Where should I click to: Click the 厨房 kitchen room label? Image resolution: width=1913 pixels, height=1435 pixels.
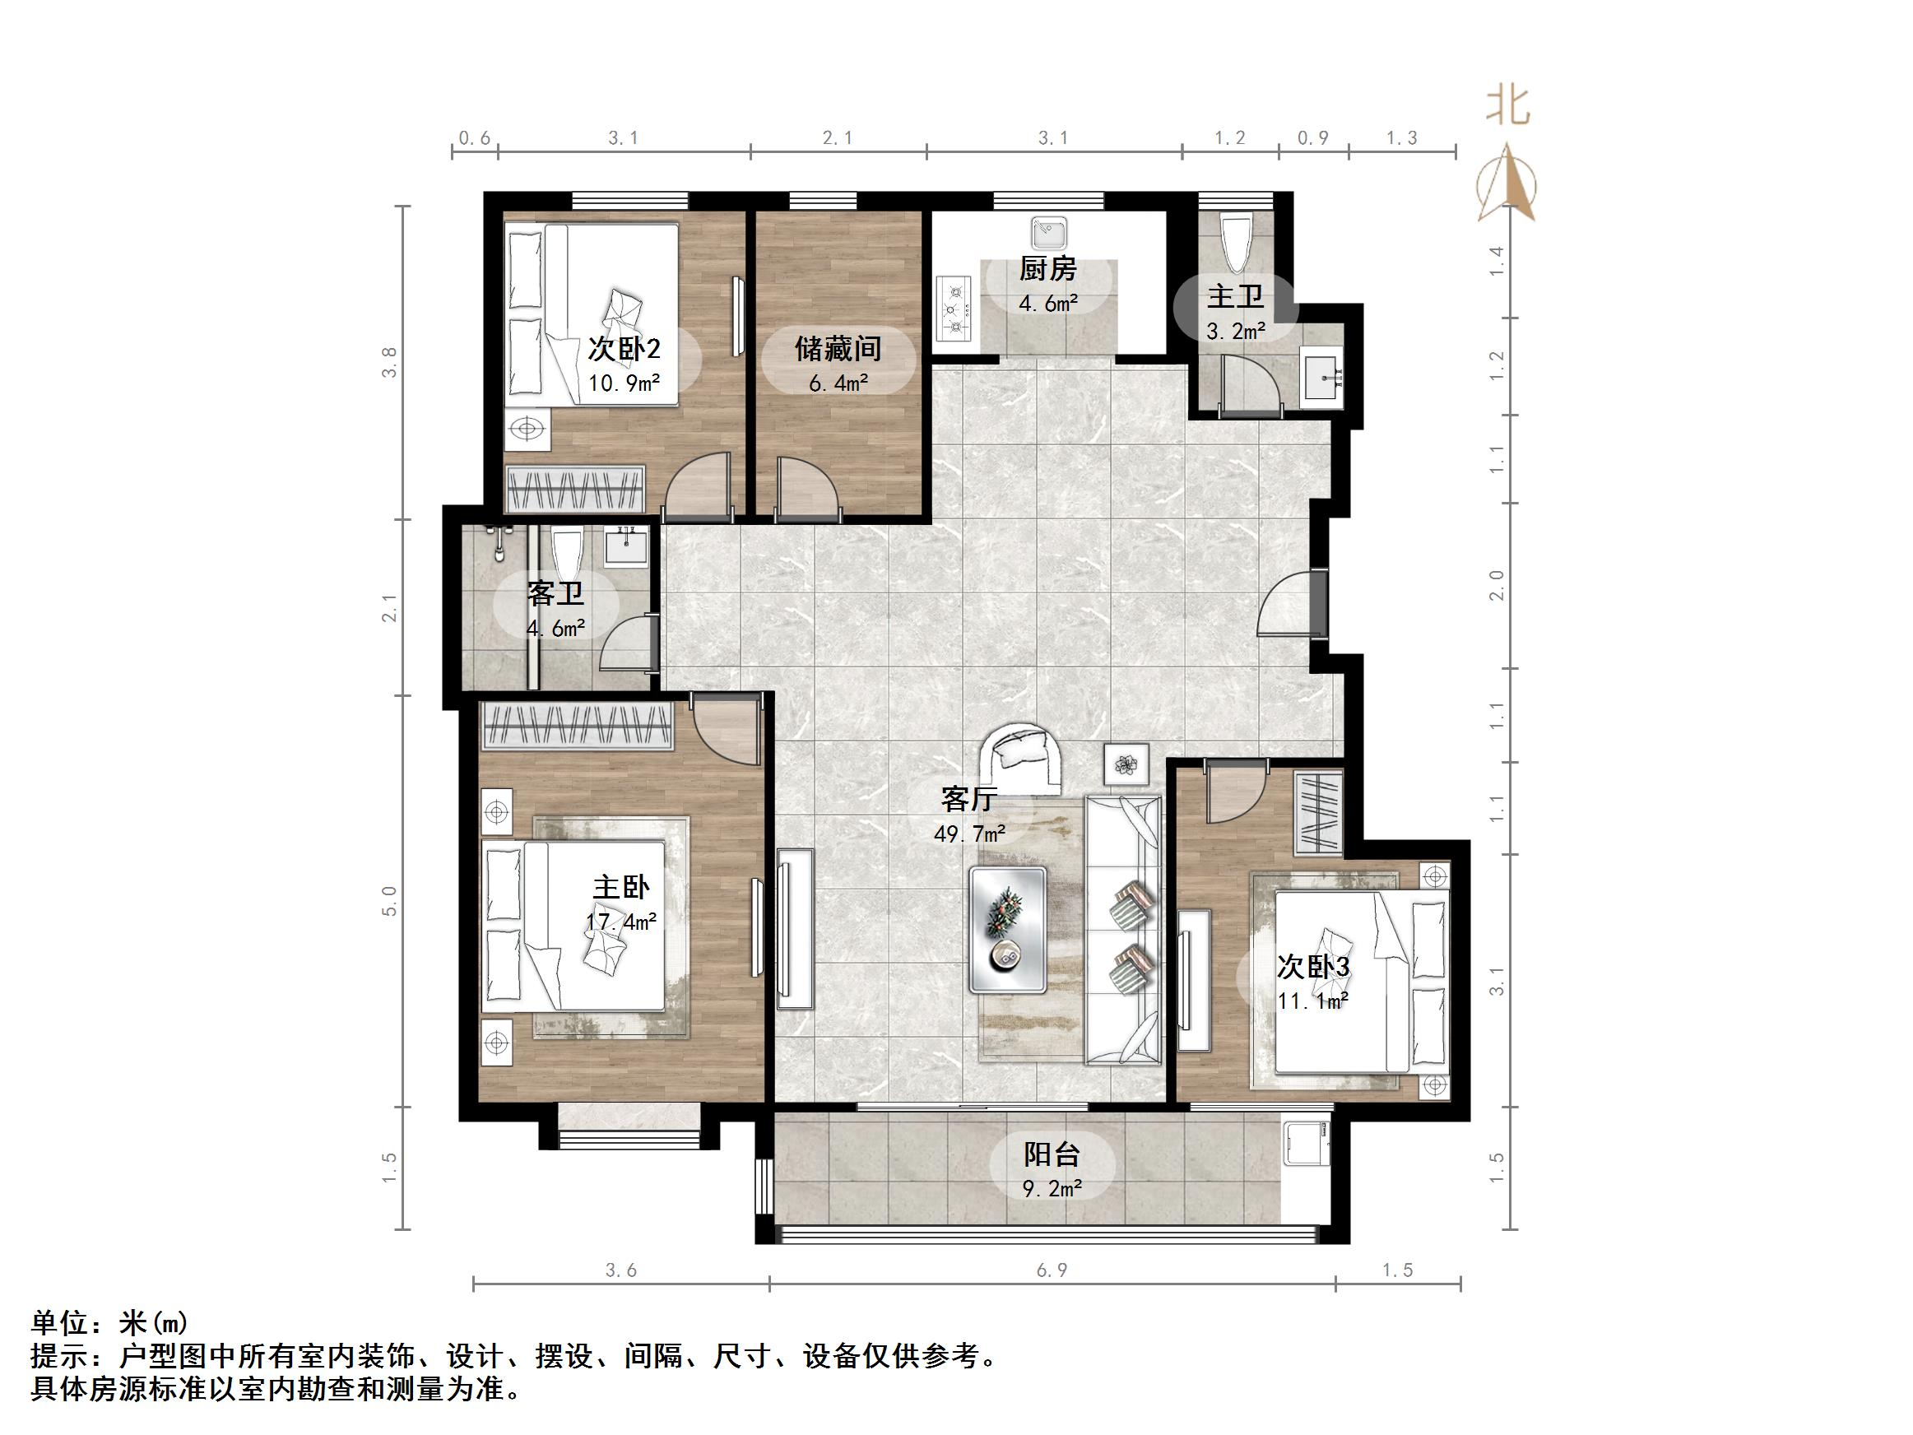pyautogui.click(x=1047, y=270)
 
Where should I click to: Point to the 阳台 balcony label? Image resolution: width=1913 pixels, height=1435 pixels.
pyautogui.click(x=1052, y=1154)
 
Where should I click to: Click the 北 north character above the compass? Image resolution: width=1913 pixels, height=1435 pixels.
pyautogui.click(x=1508, y=107)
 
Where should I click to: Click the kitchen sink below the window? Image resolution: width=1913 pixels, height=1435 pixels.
pyautogui.click(x=1049, y=232)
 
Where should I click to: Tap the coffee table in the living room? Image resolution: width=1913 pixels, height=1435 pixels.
pyautogui.click(x=1008, y=929)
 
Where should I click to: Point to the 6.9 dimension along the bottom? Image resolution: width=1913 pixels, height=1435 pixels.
pyautogui.click(x=1052, y=1270)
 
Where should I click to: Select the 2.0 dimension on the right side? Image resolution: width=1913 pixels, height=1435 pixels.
pyautogui.click(x=1497, y=586)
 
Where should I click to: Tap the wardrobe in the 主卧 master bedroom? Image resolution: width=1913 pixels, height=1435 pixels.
pyautogui.click(x=578, y=726)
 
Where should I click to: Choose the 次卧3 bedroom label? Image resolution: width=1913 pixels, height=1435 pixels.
pyautogui.click(x=1313, y=967)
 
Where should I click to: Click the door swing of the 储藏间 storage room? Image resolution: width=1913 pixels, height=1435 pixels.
pyautogui.click(x=808, y=491)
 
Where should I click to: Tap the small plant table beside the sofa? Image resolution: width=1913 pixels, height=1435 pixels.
pyautogui.click(x=1126, y=764)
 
